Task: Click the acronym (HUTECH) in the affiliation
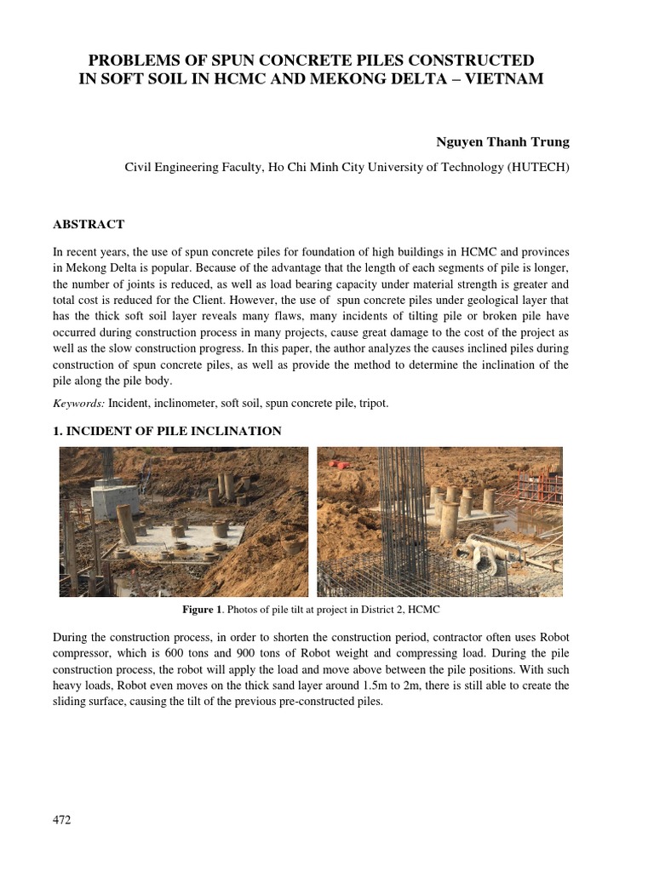click(538, 167)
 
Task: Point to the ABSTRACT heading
click(89, 224)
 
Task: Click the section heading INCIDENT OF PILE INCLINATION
click(174, 431)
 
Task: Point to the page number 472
click(61, 820)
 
